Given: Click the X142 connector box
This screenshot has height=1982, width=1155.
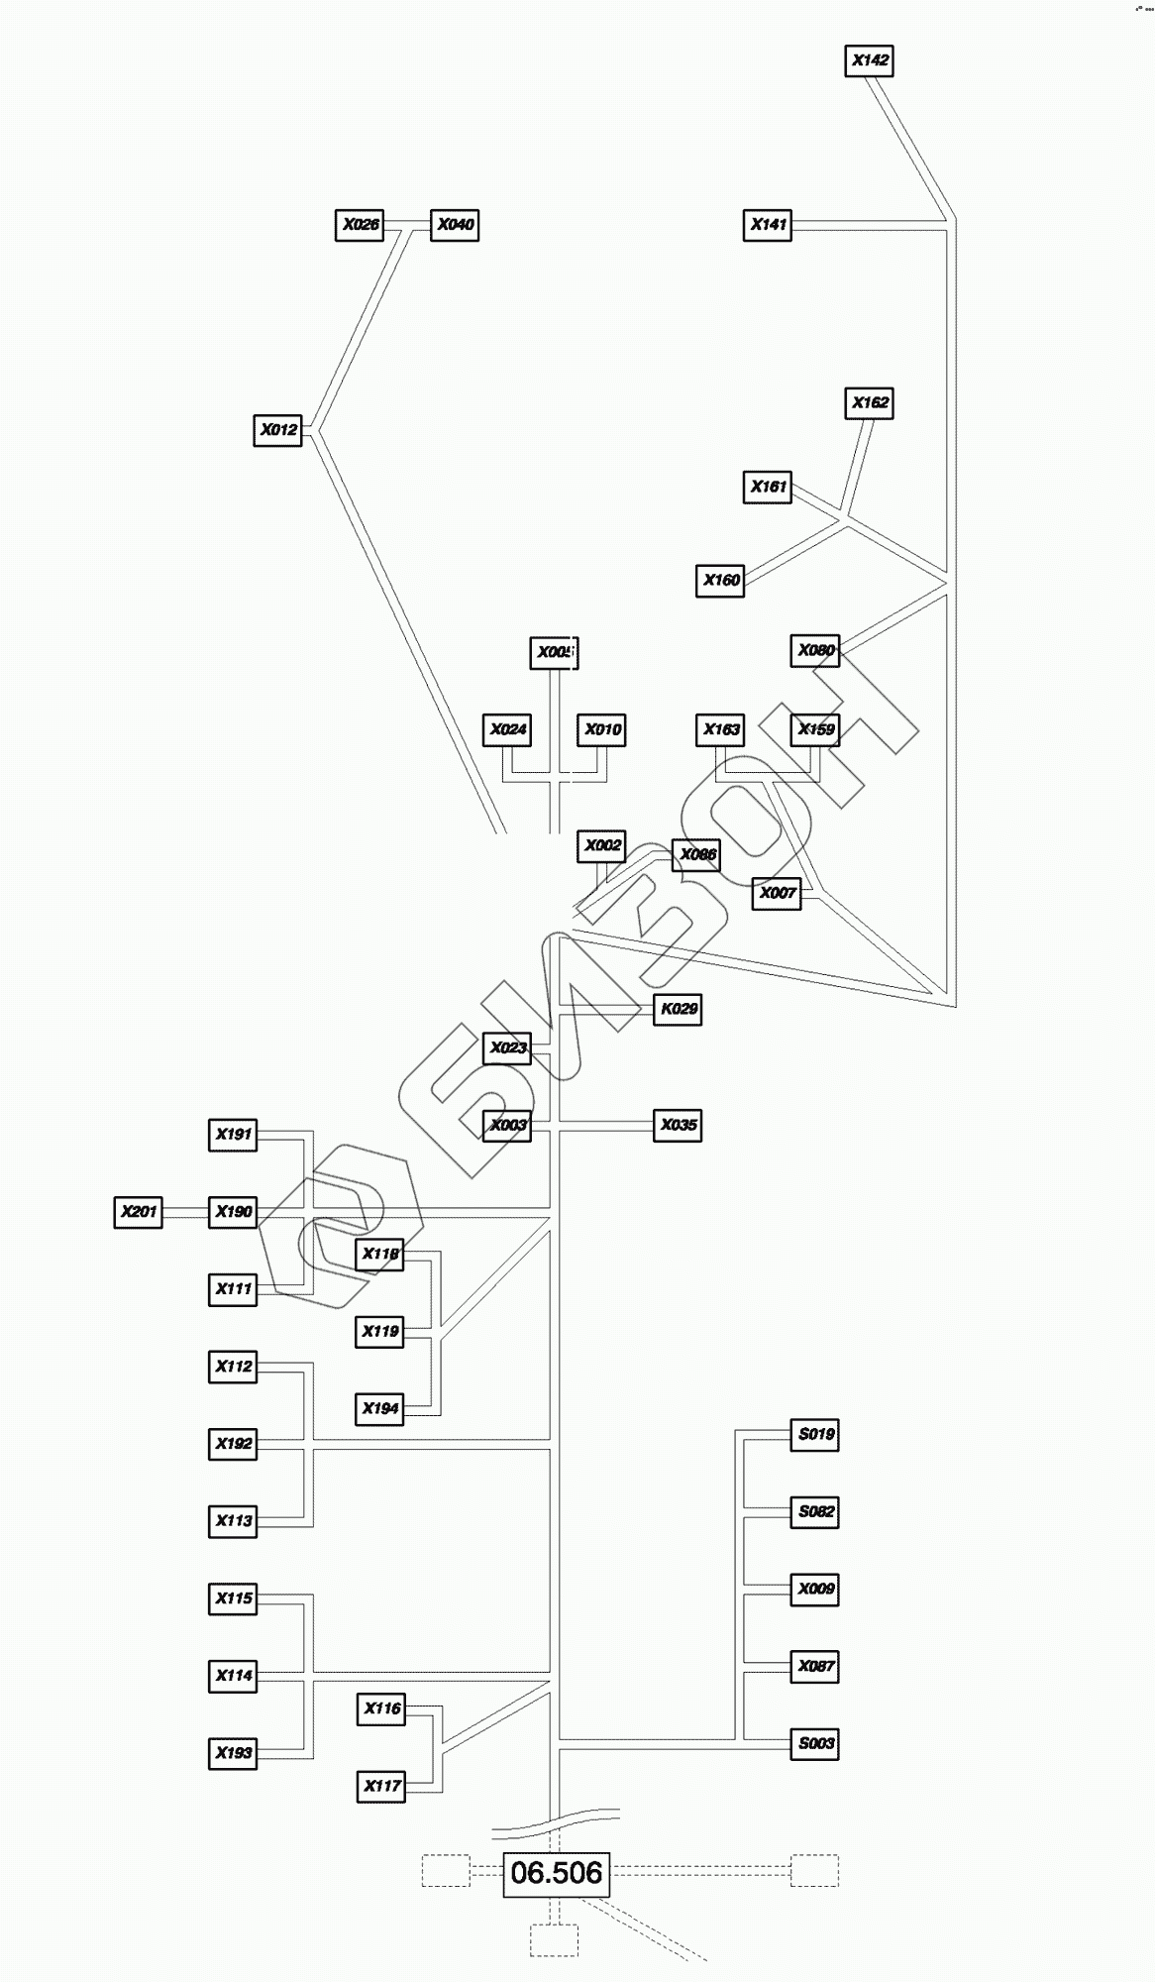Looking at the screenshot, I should pos(871,60).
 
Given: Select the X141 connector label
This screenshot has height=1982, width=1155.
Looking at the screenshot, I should pos(768,225).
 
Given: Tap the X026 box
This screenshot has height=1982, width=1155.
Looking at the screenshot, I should pos(360,225).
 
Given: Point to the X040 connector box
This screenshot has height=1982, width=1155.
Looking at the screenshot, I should pos(455,225).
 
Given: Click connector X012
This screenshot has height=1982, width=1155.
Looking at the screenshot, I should pos(278,430).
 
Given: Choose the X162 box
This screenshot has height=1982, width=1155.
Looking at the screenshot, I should pos(871,403).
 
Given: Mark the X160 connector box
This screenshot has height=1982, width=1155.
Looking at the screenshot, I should pos(720,581).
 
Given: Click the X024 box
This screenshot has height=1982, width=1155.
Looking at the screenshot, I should pos(507,730).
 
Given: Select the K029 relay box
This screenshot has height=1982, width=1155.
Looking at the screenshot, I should pos(679,1009).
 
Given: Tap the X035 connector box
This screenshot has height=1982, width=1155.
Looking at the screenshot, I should pos(679,1126).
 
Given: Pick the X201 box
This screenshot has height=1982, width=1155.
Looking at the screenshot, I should pos(139,1212).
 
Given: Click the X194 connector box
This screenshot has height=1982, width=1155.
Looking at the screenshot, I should pos(380,1408).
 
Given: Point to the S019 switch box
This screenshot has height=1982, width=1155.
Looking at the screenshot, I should pos(815,1434).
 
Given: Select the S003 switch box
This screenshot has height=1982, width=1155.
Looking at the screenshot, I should pos(815,1743).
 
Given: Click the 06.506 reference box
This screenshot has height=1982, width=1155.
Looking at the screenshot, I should pos(556,1873).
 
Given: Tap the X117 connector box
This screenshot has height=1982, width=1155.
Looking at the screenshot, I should pos(381,1786).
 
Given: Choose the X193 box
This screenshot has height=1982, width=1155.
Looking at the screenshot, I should pos(234,1753).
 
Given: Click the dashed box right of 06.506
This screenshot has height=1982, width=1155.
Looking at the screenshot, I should pos(814,1871).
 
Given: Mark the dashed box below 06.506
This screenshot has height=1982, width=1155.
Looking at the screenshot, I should pos(554,1940).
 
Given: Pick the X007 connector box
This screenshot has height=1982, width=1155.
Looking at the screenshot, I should pos(777,893).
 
